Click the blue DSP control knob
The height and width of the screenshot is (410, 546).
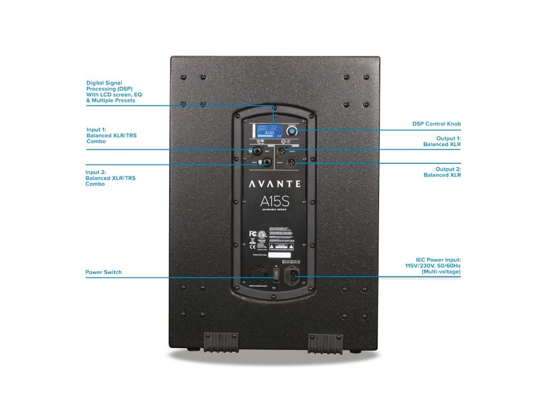pos(292,131)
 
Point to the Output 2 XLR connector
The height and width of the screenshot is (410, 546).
pos(292,162)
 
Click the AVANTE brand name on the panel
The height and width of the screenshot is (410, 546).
pos(275,184)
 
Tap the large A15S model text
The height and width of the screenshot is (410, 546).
pos(275,202)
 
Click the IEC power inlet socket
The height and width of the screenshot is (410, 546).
pos(292,277)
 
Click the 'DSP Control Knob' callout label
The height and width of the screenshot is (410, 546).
pos(436,124)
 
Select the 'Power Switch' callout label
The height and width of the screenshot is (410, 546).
pos(103,272)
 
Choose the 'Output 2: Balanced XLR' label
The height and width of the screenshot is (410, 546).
pos(442,172)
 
